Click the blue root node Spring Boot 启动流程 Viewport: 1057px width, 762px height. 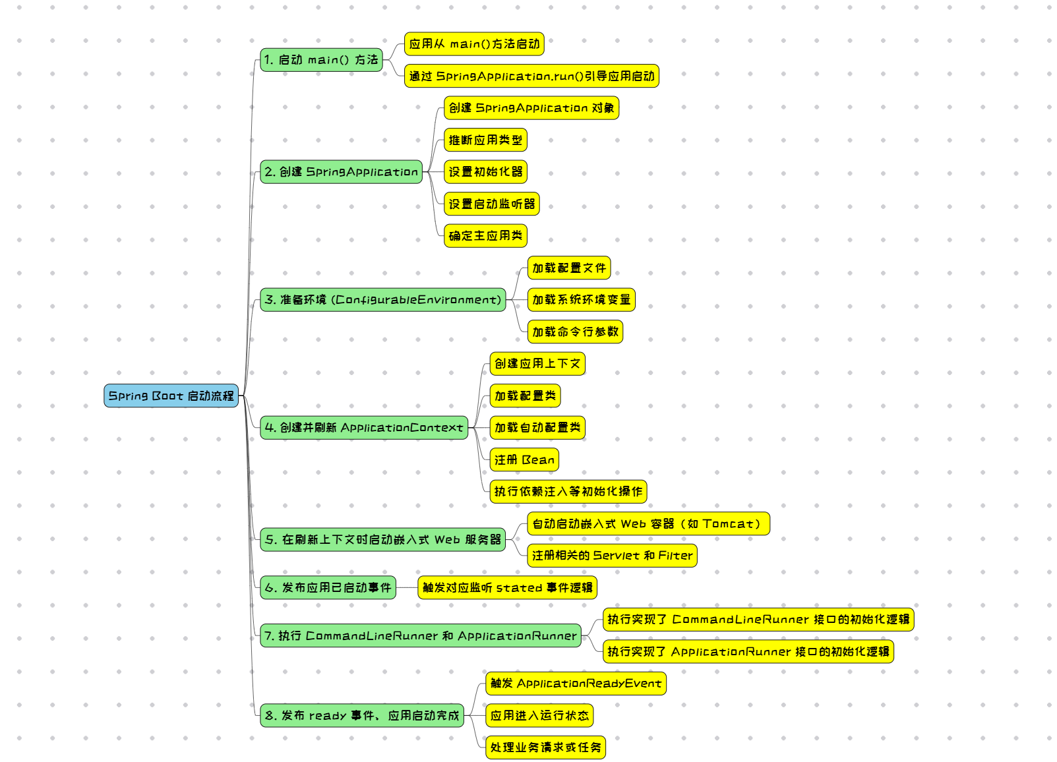171,396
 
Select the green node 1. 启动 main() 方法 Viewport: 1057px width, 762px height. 321,60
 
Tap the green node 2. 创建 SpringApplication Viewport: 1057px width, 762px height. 341,172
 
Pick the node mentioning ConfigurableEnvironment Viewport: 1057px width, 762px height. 382,300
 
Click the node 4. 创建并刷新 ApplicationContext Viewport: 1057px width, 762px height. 364,428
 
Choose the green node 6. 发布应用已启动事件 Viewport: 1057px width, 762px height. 328,587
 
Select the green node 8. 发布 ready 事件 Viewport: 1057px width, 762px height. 361,716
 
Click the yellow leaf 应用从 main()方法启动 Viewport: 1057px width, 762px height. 474,44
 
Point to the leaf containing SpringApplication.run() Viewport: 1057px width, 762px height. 531,76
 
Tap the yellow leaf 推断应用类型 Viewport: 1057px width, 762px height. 485,140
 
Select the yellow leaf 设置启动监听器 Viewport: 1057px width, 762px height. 491,204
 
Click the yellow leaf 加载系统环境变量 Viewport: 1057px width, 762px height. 581,300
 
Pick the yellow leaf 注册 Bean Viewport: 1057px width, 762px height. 524,460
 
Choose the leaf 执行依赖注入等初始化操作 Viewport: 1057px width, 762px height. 568,492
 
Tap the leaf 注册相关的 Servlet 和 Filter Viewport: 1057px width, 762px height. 612,556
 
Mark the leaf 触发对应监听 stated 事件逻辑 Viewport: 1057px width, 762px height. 507,587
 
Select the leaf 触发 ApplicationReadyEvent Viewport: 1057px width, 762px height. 576,684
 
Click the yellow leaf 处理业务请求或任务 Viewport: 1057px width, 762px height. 545,747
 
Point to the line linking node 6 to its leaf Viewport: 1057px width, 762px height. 407,587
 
